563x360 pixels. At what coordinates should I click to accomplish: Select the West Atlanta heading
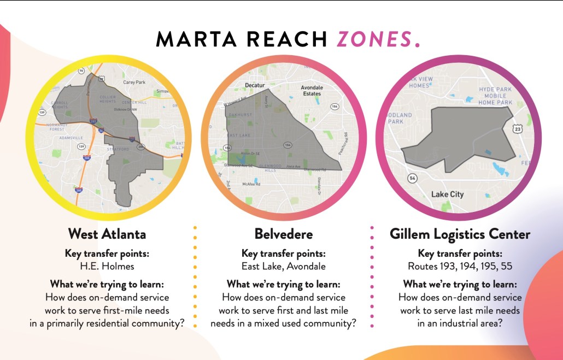click(107, 234)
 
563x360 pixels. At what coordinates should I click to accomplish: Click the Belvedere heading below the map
click(284, 234)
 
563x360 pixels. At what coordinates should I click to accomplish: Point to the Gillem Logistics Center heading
click(460, 234)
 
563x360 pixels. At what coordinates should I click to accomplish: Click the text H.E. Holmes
click(107, 266)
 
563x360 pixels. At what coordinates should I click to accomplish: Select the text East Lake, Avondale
click(284, 266)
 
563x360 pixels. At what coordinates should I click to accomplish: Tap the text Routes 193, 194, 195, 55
click(460, 266)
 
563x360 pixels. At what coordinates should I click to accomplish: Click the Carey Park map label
click(134, 82)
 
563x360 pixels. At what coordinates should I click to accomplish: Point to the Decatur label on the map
click(255, 86)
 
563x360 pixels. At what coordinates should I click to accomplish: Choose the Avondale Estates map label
click(312, 90)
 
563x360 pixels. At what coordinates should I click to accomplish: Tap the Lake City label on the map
click(447, 194)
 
